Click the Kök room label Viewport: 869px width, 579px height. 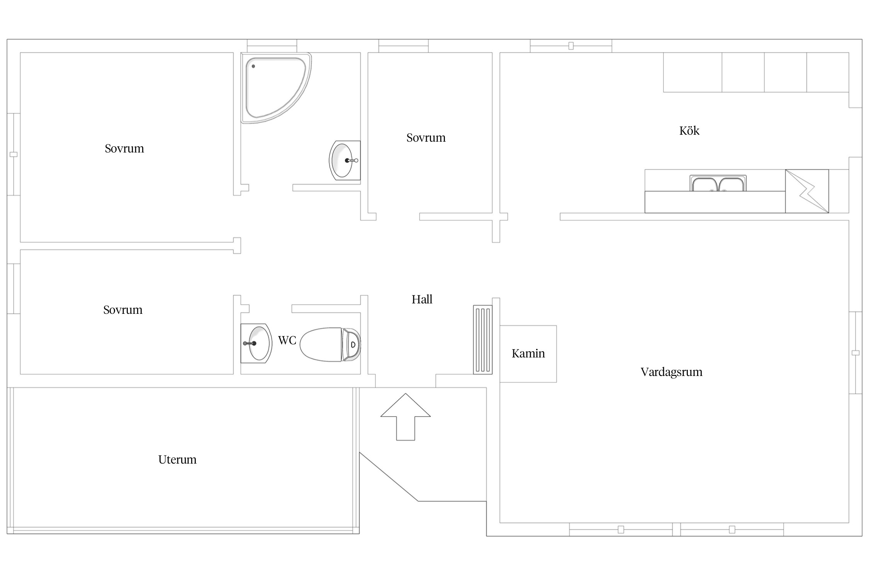[x=689, y=130]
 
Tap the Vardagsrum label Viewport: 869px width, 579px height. [x=671, y=372]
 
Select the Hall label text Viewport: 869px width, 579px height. [x=422, y=299]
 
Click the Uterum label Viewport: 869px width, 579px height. [x=177, y=459]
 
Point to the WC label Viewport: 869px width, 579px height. [x=287, y=340]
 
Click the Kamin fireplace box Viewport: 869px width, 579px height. [x=528, y=354]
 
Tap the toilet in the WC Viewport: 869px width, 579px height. [x=330, y=344]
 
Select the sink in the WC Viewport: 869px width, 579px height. [x=256, y=343]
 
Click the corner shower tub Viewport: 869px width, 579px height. [x=276, y=88]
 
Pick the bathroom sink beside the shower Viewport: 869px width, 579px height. [x=345, y=160]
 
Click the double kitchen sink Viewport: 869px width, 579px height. [x=718, y=183]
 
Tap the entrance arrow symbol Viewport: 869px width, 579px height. [x=406, y=417]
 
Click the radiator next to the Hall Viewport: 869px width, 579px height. [x=483, y=340]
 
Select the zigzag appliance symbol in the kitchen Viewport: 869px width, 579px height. [x=807, y=191]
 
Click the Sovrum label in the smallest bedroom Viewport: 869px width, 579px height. [x=426, y=137]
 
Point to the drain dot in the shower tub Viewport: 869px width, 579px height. [x=253, y=66]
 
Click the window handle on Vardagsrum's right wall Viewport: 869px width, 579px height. [x=855, y=353]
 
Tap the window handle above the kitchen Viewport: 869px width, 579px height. [x=571, y=46]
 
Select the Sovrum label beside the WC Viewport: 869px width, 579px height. [x=123, y=310]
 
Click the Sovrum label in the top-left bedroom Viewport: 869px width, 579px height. [x=124, y=148]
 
